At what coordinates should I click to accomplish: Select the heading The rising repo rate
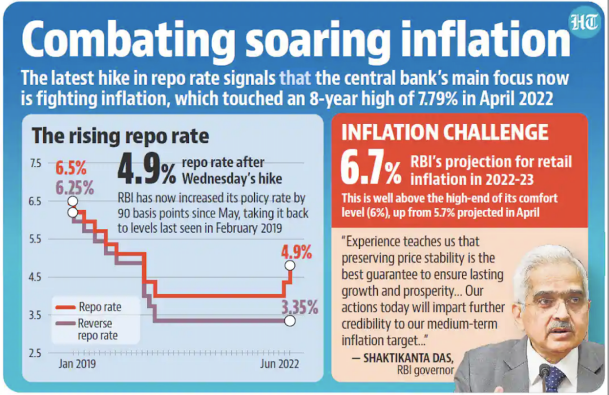click(x=120, y=136)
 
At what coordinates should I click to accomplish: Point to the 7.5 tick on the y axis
click(x=35, y=163)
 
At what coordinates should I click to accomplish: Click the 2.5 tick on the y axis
click(x=35, y=353)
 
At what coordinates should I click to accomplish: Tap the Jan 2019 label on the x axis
click(x=77, y=364)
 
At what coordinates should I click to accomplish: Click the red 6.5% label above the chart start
click(x=70, y=168)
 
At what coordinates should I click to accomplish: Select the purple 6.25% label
click(x=74, y=188)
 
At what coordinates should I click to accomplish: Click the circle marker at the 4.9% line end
click(x=290, y=265)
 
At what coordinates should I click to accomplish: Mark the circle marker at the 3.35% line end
click(x=290, y=321)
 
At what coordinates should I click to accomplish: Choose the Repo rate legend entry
click(x=99, y=307)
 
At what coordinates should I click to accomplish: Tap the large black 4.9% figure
click(x=147, y=171)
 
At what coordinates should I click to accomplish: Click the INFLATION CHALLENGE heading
click(x=444, y=132)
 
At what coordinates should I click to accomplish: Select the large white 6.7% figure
click(x=371, y=171)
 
